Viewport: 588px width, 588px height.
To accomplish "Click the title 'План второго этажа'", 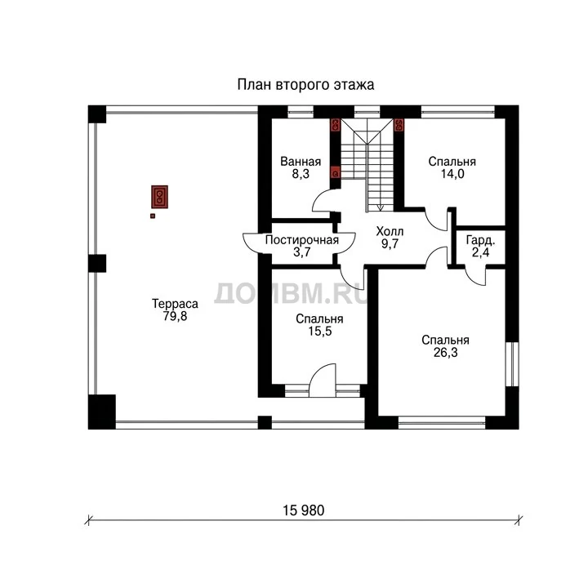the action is tap(305, 85).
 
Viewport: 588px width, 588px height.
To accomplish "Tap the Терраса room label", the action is tap(175, 303).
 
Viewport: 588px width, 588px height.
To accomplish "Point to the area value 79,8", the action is tap(175, 316).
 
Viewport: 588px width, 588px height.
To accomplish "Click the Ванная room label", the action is tap(301, 162).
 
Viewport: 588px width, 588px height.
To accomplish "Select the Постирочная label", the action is tap(302, 240).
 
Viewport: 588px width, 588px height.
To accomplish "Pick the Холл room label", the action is tap(390, 231).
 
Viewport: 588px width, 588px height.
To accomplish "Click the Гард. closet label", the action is tap(480, 240).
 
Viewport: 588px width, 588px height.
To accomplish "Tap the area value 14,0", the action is tap(452, 174).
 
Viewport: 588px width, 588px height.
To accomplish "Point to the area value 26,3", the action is tap(446, 353).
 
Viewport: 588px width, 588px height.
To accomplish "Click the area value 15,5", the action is tap(319, 331).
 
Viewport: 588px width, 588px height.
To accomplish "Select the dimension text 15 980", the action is tap(303, 510).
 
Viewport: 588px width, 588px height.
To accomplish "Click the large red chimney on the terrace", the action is tap(159, 197).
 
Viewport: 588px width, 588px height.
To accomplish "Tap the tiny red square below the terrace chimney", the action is tap(153, 216).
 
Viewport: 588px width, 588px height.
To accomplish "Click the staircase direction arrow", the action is tap(380, 207).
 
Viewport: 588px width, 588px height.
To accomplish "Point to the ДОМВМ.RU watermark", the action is tap(291, 293).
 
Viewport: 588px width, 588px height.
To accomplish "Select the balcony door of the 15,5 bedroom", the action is tap(322, 381).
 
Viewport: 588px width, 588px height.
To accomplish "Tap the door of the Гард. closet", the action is tap(475, 276).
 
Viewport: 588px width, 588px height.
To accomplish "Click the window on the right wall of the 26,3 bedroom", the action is tap(512, 363).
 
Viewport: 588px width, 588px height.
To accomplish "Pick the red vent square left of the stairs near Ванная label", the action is tap(336, 174).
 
